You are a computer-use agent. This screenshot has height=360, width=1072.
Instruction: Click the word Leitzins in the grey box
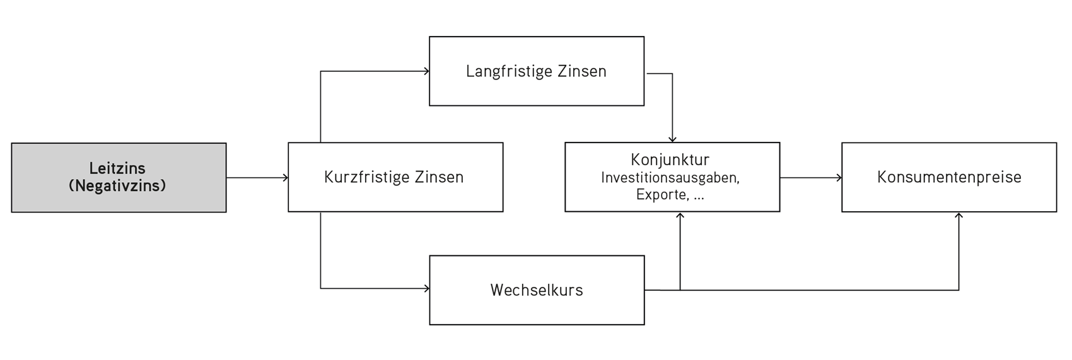tap(117, 168)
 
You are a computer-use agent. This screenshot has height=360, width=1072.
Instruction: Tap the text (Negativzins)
tap(117, 186)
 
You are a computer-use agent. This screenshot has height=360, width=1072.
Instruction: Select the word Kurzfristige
tap(366, 177)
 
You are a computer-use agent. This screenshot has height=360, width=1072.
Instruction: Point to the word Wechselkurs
tap(537, 290)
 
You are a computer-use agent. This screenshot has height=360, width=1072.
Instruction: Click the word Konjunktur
tap(670, 160)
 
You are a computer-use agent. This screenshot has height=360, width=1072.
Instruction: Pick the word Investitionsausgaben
tap(670, 178)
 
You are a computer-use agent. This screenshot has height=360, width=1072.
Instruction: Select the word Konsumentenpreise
tap(949, 177)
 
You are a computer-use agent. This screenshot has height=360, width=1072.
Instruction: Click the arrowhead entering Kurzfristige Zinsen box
tap(286, 178)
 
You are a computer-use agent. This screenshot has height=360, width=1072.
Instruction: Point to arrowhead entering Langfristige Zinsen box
tap(427, 71)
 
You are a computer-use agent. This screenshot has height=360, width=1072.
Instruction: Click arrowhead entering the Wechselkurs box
tap(427, 288)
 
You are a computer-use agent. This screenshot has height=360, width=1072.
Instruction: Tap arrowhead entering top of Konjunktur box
tap(672, 140)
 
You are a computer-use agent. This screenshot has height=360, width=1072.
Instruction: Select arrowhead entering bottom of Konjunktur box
tap(680, 215)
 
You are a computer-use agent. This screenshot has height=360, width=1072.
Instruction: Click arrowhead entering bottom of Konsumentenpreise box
tap(958, 216)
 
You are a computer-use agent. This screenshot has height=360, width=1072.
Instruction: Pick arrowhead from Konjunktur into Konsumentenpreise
tap(839, 178)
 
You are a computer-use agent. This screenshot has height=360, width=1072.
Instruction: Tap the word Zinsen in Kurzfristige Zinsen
tap(439, 177)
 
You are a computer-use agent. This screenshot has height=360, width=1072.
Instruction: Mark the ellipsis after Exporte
tap(698, 198)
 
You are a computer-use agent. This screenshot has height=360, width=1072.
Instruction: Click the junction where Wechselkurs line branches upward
tap(680, 290)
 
